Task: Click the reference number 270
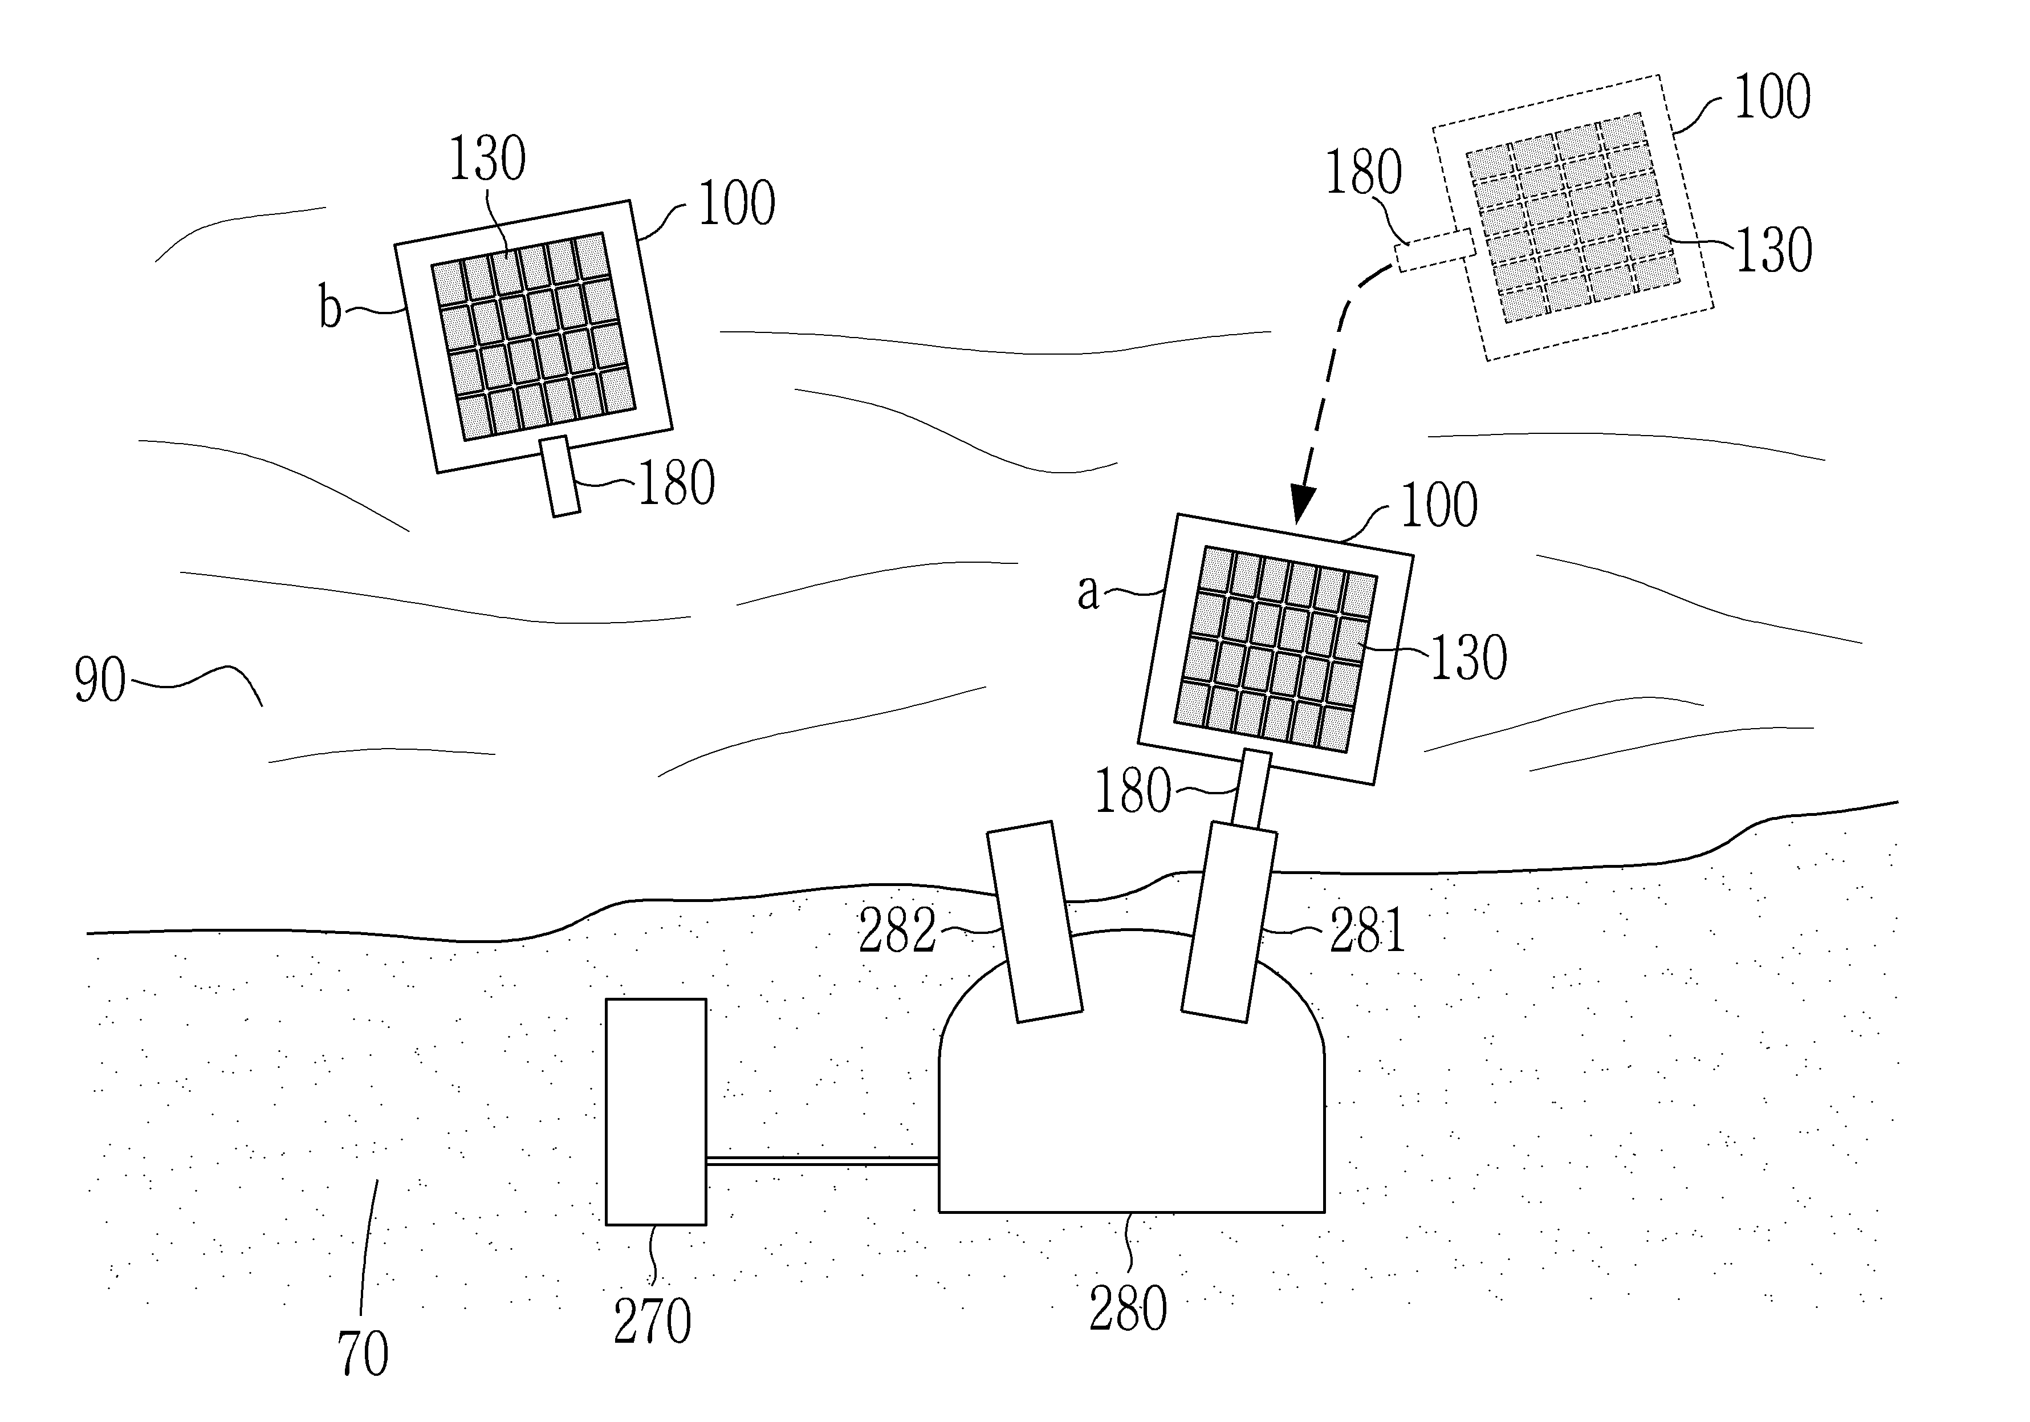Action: point(653,1322)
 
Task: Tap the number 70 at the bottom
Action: point(363,1354)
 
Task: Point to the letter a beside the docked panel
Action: point(1088,592)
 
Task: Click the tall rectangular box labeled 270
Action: point(656,1112)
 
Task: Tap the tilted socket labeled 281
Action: point(1230,921)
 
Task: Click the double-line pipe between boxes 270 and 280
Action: point(822,1161)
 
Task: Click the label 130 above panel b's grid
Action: point(487,159)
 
